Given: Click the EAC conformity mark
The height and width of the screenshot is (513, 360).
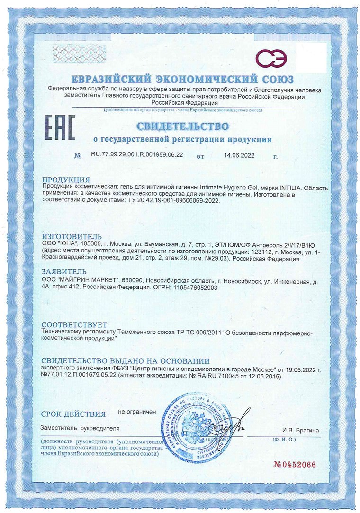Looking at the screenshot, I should pos(60,126).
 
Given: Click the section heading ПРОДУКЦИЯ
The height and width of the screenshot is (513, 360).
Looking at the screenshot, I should pos(66,180).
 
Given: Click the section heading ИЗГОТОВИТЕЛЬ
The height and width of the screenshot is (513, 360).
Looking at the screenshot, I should pos(72,236).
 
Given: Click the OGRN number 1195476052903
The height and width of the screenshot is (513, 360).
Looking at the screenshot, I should pos(195,287).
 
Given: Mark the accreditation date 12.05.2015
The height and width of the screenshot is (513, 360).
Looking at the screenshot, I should pos(262,376).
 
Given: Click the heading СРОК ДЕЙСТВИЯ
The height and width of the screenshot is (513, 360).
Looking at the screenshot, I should pos(73,414).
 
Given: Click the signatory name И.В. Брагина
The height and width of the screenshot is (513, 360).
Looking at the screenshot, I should pos(300,430).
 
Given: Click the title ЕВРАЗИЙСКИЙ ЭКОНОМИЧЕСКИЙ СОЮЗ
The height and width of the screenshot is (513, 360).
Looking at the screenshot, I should pos(182,79).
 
